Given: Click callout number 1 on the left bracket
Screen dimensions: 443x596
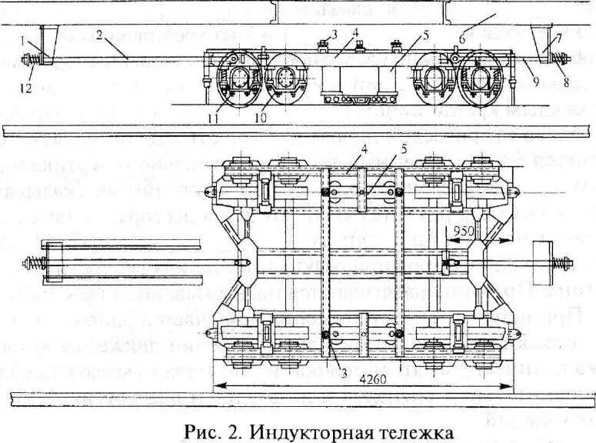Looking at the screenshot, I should coord(24,37).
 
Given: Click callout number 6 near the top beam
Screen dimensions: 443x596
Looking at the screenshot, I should coord(462,35).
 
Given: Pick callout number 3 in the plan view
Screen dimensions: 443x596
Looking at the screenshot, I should coord(334,375).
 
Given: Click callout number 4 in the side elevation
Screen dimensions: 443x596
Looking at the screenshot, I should coord(356,32).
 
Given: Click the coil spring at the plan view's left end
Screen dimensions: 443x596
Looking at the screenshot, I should coord(35,261).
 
